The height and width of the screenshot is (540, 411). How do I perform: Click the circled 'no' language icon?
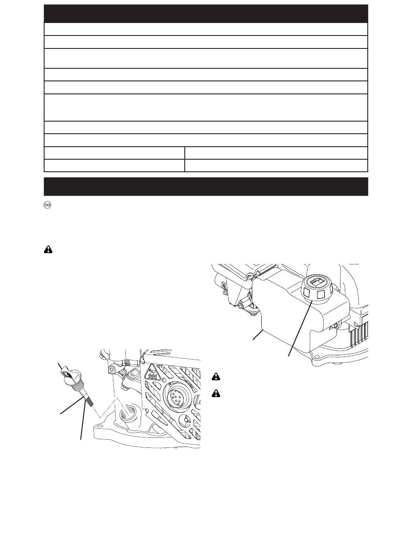point(48,205)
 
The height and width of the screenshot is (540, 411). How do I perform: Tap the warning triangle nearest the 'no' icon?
point(48,250)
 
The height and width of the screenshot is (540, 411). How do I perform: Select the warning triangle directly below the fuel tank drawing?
point(216,376)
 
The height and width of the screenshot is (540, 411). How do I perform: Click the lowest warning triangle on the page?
point(216,394)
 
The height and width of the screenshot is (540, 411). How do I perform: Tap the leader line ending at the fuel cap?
point(300,328)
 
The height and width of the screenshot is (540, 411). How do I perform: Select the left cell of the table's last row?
point(114,166)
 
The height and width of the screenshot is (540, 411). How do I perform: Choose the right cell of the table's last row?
point(276,166)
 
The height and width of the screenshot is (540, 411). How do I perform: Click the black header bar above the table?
point(206,13)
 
